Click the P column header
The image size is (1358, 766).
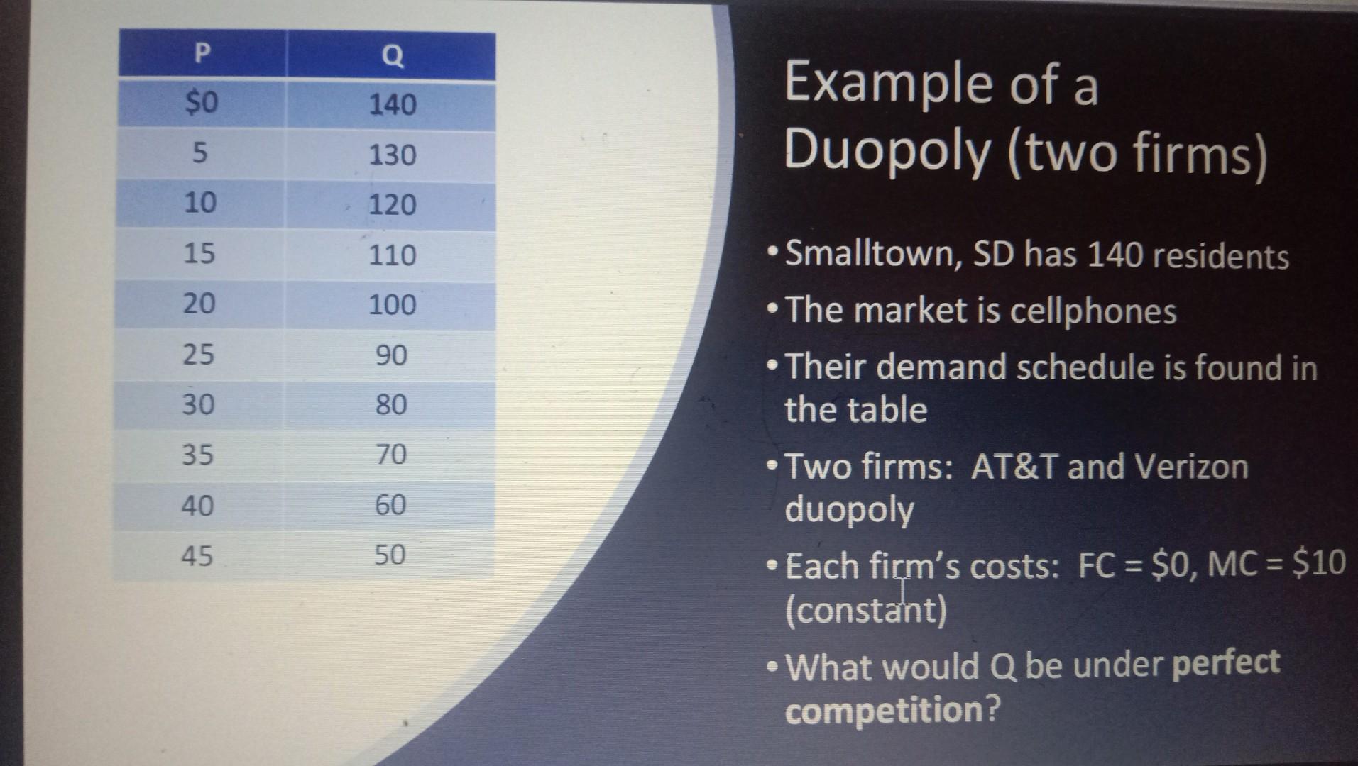(202, 53)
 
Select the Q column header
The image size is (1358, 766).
(392, 55)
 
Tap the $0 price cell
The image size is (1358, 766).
(202, 104)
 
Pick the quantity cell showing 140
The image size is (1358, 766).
(392, 105)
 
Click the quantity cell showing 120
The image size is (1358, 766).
(392, 205)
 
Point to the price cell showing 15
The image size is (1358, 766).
(199, 253)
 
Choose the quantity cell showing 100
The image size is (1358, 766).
(392, 305)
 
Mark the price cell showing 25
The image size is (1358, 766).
(198, 354)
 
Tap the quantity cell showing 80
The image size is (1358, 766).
(391, 404)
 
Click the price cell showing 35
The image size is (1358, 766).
(197, 454)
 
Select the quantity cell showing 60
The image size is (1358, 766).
(390, 504)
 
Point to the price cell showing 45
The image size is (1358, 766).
(197, 555)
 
